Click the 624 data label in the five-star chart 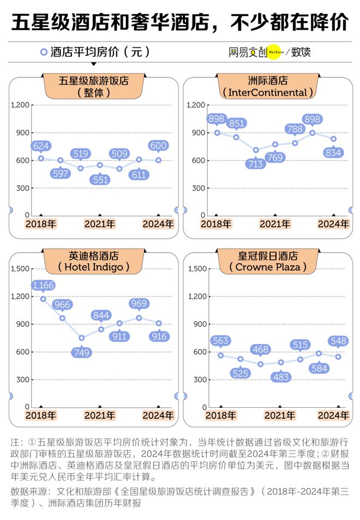pyautogui.click(x=41, y=146)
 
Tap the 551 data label pyautogui.click(x=100, y=179)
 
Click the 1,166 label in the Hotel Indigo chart pyautogui.click(x=43, y=285)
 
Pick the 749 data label pyautogui.click(x=81, y=352)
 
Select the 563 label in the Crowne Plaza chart pyautogui.click(x=220, y=341)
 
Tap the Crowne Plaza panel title pyautogui.click(x=268, y=261)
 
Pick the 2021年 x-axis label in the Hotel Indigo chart pyautogui.click(x=100, y=415)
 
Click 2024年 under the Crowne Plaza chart pyautogui.click(x=333, y=415)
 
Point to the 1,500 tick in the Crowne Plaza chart pyautogui.click(x=197, y=269)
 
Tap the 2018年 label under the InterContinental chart pyautogui.click(x=215, y=223)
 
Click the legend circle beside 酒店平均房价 pyautogui.click(x=43, y=52)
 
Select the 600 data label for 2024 pyautogui.click(x=158, y=146)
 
